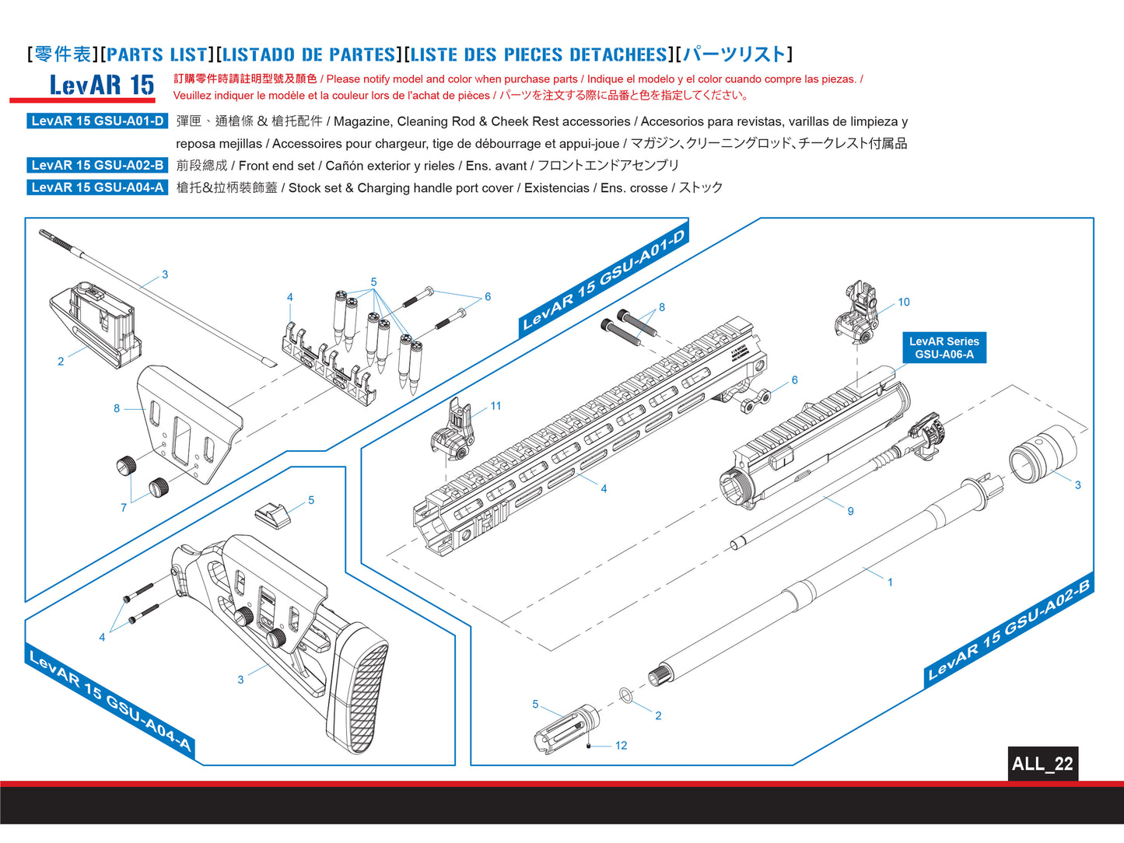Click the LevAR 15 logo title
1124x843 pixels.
101,85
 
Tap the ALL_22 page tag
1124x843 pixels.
1042,764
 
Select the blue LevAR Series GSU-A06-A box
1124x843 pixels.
944,348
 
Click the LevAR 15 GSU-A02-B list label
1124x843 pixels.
97,165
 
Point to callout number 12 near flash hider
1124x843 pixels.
621,745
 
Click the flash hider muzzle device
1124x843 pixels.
566,728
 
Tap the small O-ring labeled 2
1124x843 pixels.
626,694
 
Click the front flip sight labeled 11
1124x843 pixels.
453,429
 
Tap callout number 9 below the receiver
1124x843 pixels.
850,511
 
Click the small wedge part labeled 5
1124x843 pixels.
271,513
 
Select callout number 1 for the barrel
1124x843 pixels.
890,582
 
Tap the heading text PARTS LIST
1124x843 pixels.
157,54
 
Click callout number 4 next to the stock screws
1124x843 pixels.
102,637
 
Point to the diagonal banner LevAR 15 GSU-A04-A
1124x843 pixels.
109,701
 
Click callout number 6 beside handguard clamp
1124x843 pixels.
794,380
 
